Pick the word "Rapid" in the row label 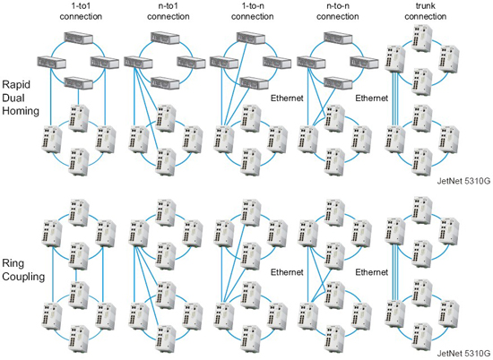19,78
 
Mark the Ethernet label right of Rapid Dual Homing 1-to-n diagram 287,99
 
